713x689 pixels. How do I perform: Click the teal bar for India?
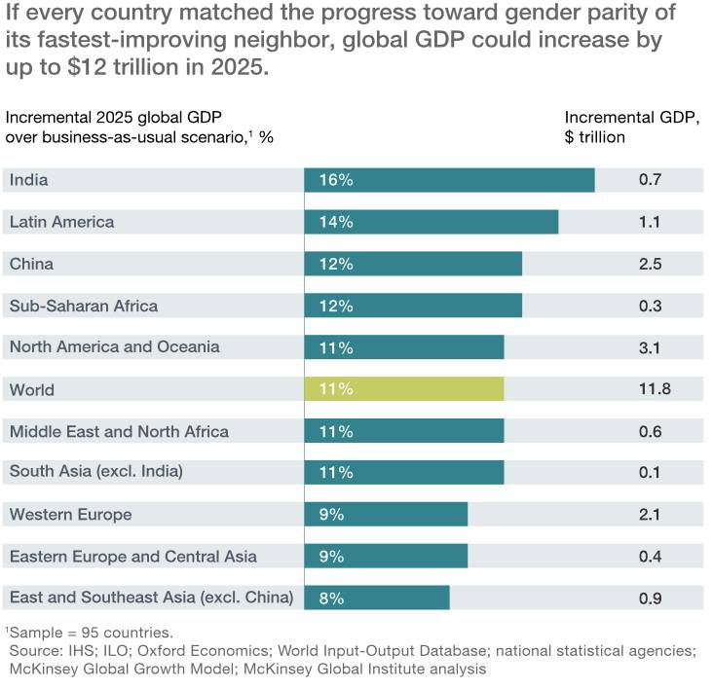click(x=449, y=180)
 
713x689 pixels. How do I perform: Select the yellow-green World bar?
click(x=404, y=389)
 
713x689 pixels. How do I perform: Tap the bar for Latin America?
click(x=431, y=222)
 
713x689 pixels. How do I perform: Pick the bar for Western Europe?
click(x=386, y=515)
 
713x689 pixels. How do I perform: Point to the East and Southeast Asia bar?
click(x=377, y=598)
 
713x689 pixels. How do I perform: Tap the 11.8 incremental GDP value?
click(x=655, y=389)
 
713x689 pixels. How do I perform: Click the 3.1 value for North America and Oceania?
click(x=651, y=347)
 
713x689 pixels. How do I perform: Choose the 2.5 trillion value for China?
click(x=651, y=264)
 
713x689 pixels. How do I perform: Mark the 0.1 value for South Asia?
click(x=651, y=473)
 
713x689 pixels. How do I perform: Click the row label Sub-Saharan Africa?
click(x=83, y=306)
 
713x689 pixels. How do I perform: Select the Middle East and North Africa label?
click(x=119, y=431)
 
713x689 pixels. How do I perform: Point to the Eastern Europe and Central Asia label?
click(x=132, y=557)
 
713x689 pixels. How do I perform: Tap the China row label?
click(x=31, y=264)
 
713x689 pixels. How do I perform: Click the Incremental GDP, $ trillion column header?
click(x=632, y=127)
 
